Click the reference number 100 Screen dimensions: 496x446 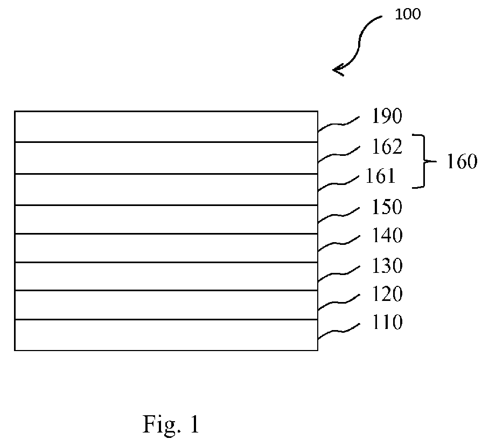408,14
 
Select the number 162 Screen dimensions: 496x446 387,146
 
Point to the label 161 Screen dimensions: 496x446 380,176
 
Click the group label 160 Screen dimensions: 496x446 462,161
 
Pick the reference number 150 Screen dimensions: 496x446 387,207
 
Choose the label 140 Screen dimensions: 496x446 387,235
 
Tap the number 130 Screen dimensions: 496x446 387,265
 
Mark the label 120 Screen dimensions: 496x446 387,293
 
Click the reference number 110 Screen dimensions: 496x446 387,322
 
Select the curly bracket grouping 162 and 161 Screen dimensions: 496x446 424,161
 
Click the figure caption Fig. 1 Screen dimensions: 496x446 171,424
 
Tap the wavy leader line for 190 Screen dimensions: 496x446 338,124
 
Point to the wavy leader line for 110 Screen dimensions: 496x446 338,331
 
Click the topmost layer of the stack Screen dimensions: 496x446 166,126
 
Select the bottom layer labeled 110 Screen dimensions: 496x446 166,335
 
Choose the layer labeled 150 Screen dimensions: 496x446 166,219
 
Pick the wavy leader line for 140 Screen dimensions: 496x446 338,243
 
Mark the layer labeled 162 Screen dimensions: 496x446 166,158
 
